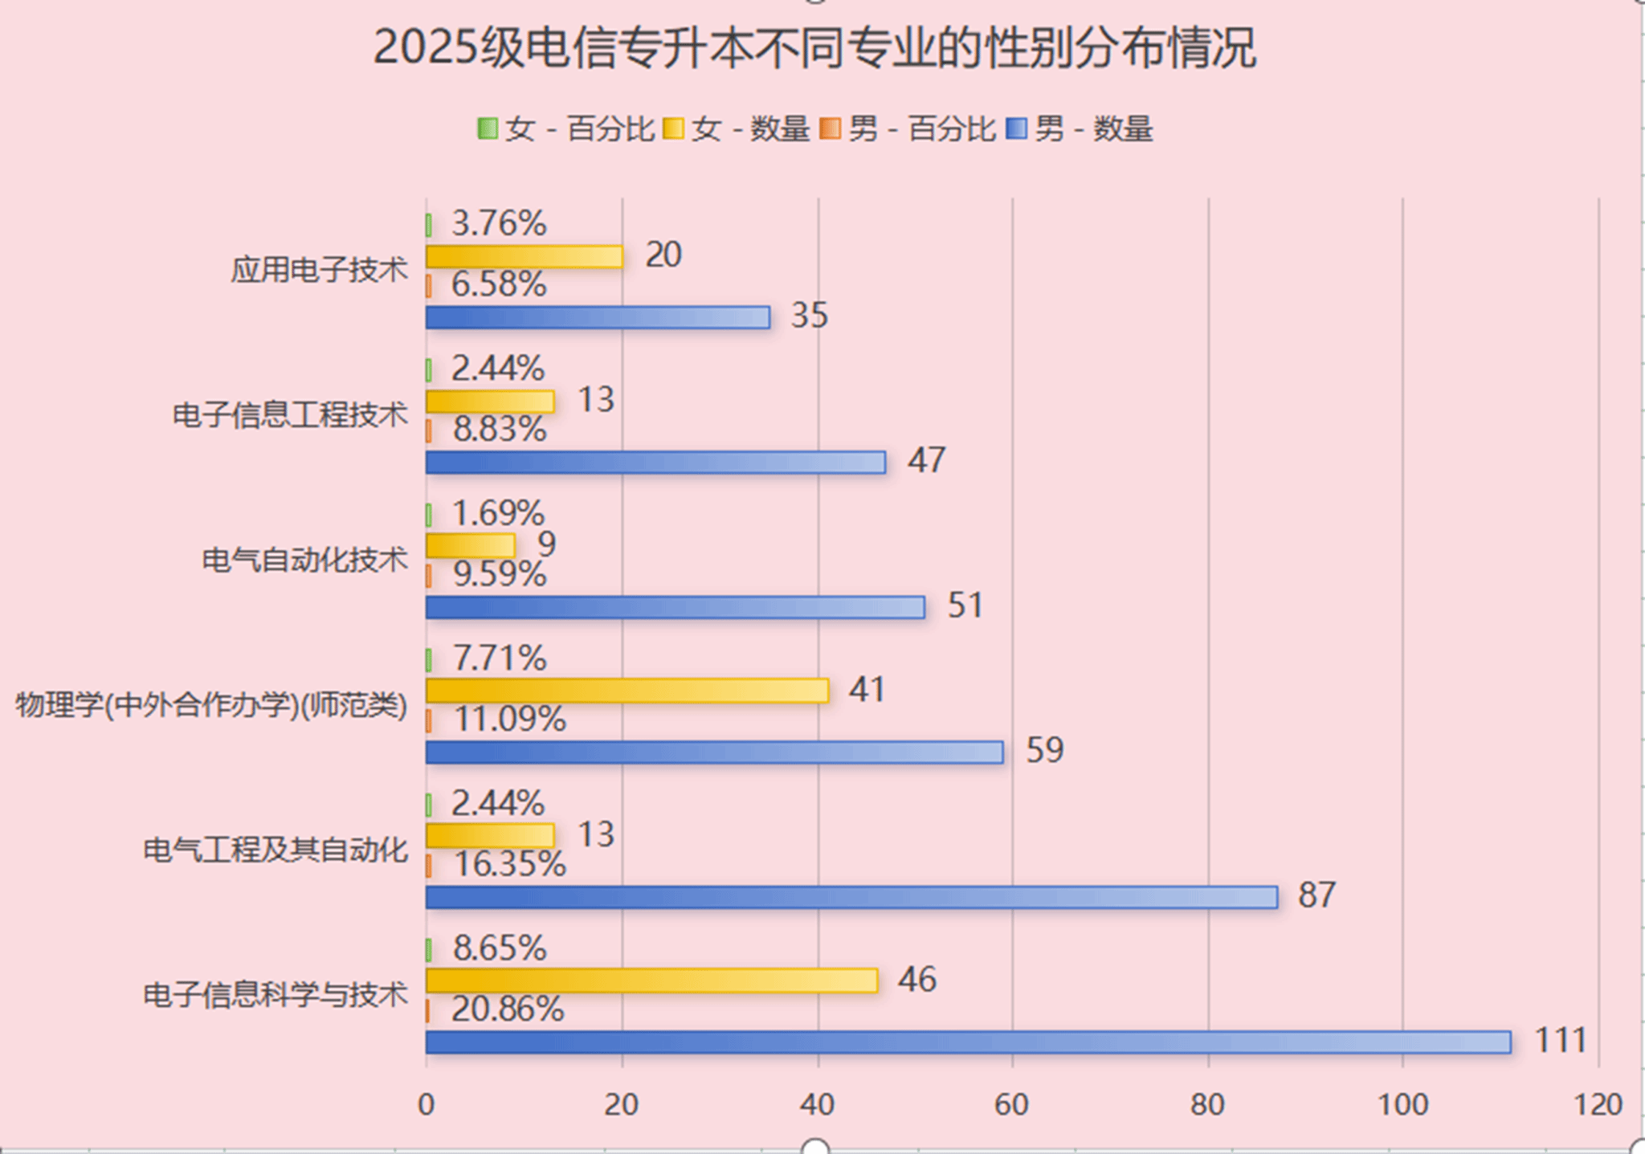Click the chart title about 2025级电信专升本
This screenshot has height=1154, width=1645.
click(814, 48)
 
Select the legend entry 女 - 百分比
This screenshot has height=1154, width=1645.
click(566, 128)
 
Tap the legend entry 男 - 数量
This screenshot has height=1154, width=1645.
click(1080, 128)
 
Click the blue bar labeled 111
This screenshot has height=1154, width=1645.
click(968, 1042)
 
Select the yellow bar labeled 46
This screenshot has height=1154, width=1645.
click(651, 981)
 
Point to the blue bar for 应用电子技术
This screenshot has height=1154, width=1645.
click(598, 317)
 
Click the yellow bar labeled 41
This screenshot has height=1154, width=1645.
click(627, 691)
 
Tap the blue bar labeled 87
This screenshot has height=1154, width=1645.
click(851, 897)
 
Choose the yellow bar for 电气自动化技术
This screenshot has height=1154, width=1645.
click(470, 546)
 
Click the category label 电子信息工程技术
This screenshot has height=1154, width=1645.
click(291, 415)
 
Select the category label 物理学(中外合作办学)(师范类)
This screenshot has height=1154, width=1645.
click(211, 705)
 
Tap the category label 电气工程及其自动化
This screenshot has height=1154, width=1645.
click(276, 850)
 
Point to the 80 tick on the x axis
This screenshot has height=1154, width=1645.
click(1207, 1105)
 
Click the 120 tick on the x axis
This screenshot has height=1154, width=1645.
click(1598, 1105)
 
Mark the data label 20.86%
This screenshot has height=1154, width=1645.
click(508, 1009)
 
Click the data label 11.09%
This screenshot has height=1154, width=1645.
click(510, 720)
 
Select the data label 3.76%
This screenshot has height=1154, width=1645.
click(499, 223)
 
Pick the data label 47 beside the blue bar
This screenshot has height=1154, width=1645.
click(926, 460)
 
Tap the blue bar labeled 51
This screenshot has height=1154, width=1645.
click(675, 607)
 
